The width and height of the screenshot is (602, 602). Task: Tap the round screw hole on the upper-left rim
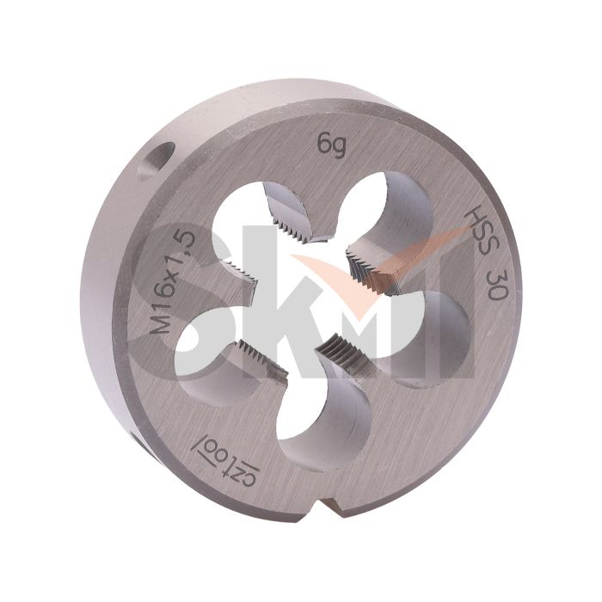click(x=157, y=161)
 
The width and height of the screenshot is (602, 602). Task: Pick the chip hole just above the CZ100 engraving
click(x=322, y=415)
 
